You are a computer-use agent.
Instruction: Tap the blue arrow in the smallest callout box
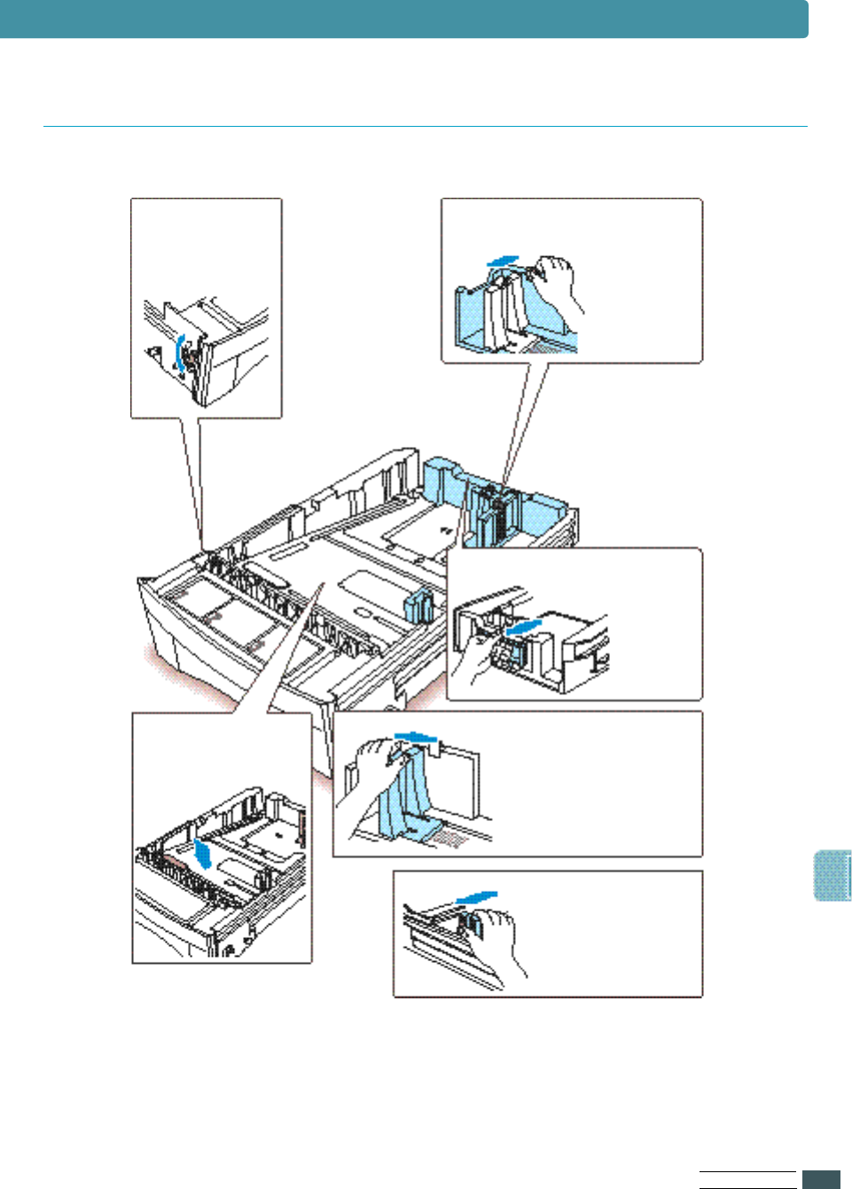[x=477, y=898]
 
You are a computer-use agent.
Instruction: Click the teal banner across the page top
[x=403, y=19]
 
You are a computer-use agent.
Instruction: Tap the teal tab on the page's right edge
[x=832, y=876]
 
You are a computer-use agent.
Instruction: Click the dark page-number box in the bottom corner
[x=821, y=1179]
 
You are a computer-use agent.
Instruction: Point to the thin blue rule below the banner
[x=426, y=127]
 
